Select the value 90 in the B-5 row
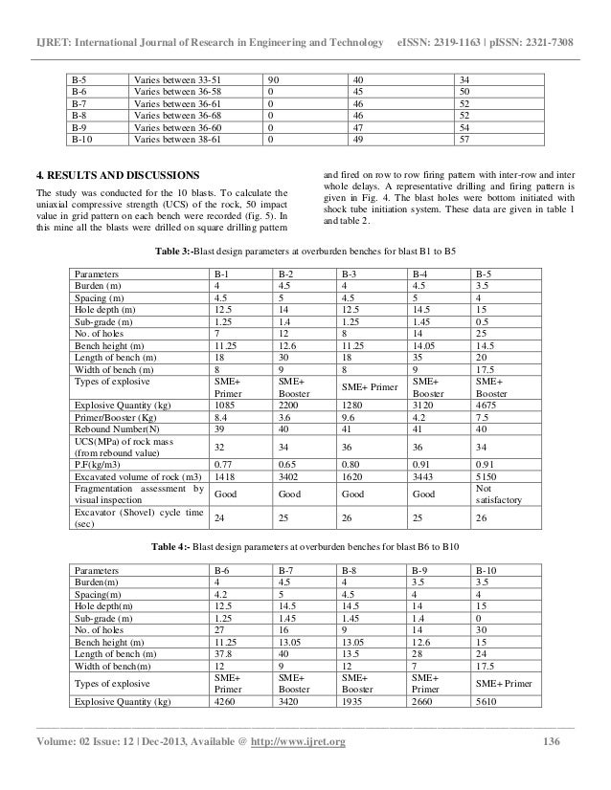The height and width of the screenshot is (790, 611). [274, 77]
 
